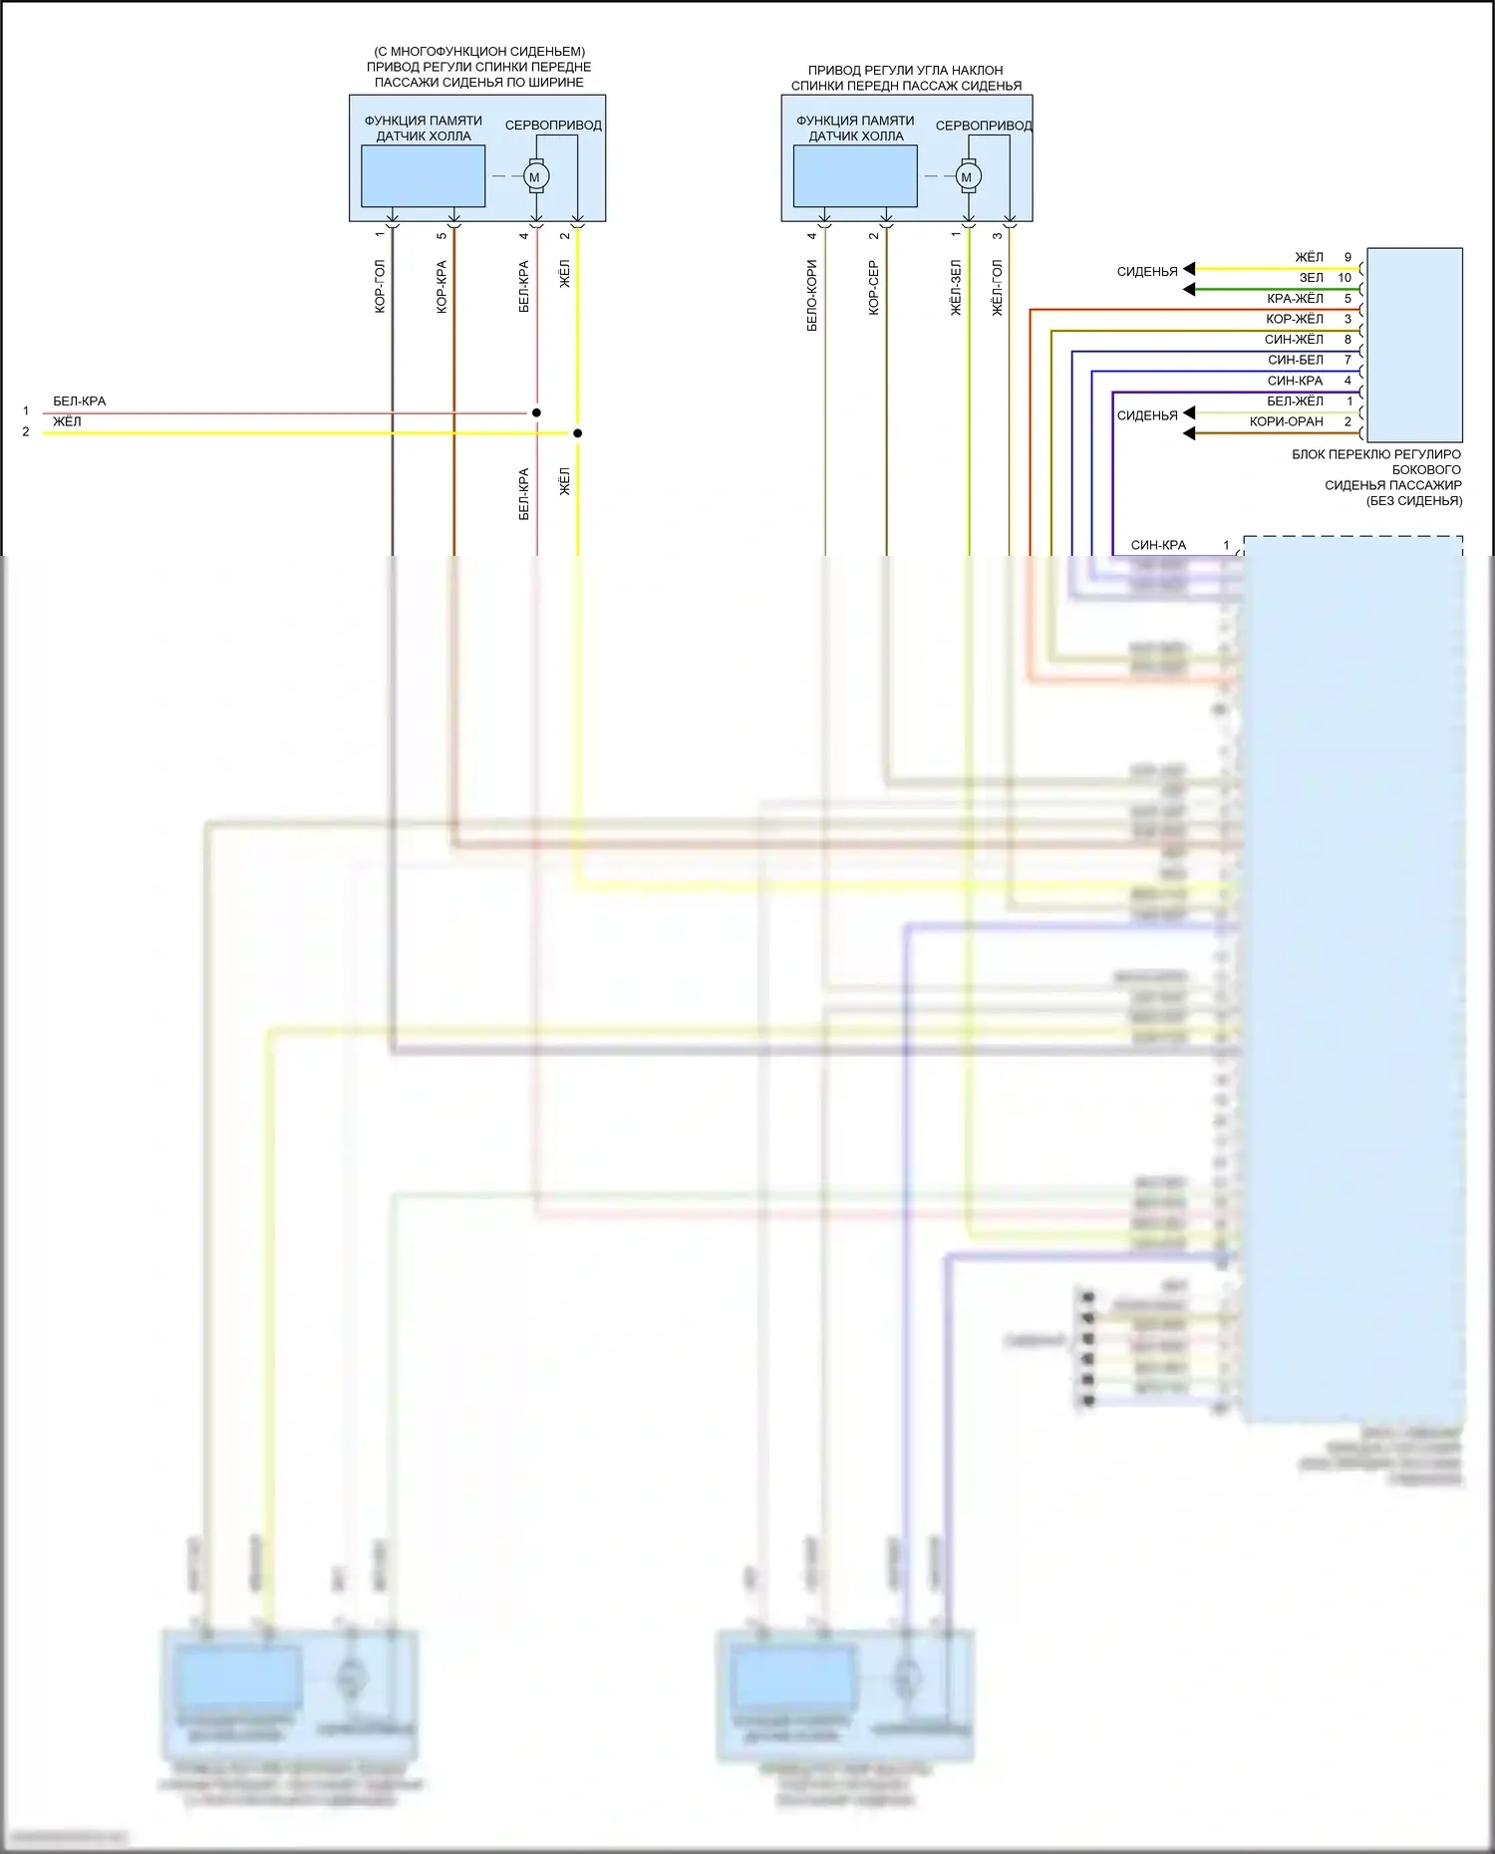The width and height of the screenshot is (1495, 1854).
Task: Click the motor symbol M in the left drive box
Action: point(535,177)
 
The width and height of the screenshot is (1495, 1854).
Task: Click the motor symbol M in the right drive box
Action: point(967,177)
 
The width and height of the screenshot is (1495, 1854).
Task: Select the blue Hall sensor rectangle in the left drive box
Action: point(423,176)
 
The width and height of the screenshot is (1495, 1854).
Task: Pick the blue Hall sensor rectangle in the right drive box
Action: point(855,176)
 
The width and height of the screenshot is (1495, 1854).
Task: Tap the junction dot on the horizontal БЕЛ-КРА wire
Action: point(536,412)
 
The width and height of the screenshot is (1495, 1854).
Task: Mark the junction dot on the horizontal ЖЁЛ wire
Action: point(577,433)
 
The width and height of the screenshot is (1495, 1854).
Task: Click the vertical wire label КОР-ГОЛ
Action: point(380,287)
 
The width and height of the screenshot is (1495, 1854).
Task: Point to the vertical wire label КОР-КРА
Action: point(442,287)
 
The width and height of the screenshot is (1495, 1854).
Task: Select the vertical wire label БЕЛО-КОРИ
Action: point(812,296)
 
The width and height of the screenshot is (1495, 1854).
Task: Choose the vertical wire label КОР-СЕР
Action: point(874,288)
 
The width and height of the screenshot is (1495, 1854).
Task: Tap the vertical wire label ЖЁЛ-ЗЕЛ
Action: point(956,288)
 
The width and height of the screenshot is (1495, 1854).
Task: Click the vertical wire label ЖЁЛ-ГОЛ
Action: point(998,288)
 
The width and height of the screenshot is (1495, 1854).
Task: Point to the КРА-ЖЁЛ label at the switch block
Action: point(1295,299)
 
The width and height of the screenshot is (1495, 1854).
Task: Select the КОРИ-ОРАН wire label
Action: point(1286,422)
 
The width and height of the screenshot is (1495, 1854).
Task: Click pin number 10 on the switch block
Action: point(1345,278)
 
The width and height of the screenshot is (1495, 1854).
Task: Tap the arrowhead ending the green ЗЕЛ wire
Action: point(1188,290)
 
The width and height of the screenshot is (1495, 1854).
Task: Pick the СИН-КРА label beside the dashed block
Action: point(1158,546)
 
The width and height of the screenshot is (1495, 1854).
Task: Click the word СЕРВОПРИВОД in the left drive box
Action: point(553,126)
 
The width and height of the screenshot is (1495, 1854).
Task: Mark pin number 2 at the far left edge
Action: point(26,432)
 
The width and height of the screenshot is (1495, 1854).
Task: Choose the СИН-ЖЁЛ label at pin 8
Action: point(1294,340)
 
